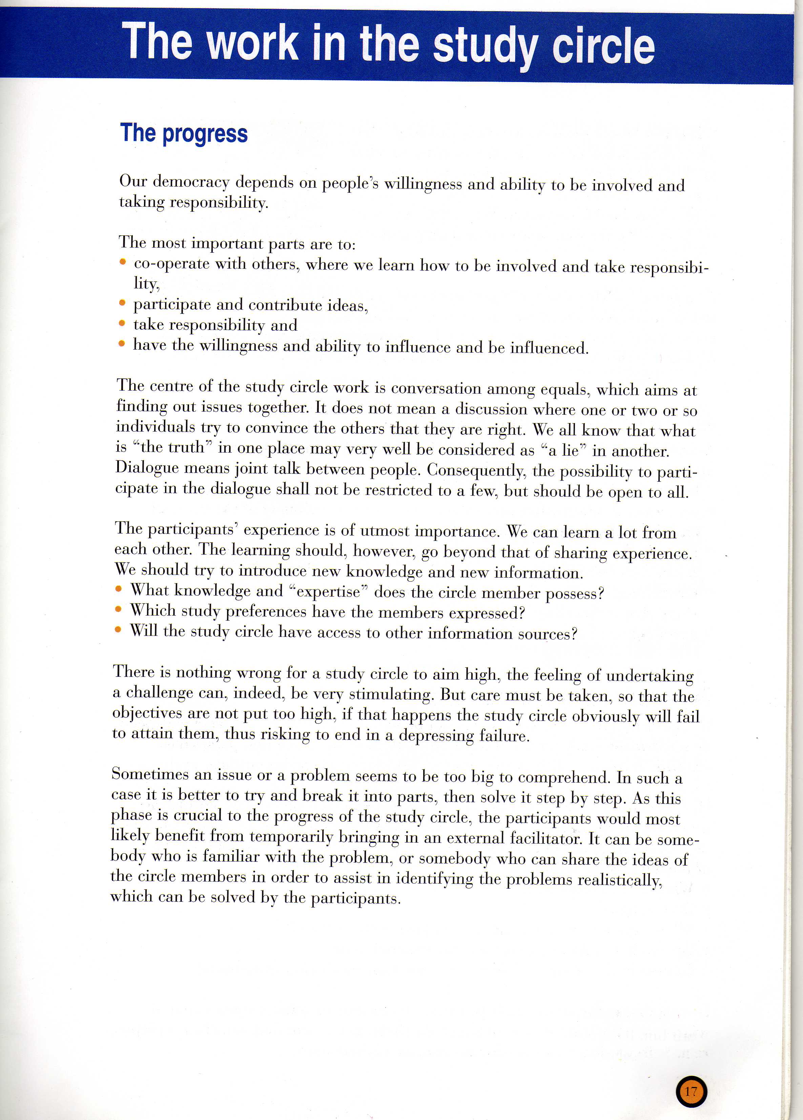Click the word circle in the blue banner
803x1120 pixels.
point(603,45)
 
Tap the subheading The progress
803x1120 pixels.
point(184,133)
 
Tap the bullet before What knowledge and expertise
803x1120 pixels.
point(119,589)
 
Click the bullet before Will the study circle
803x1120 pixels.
point(118,629)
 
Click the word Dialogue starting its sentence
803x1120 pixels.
point(147,467)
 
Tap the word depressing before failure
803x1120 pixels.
point(436,735)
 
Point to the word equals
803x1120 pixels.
point(564,390)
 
